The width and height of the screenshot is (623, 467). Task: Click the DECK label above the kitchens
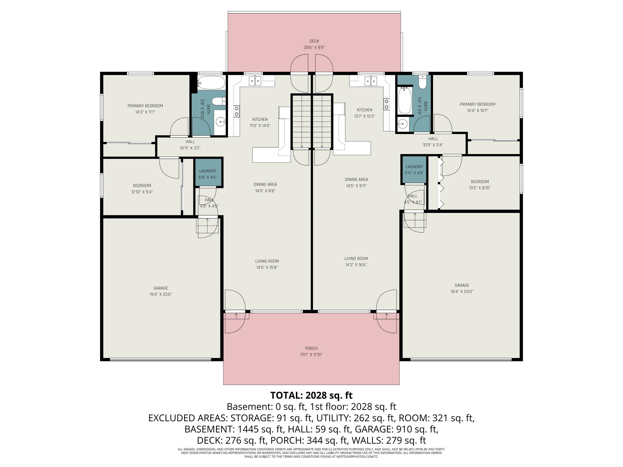314,41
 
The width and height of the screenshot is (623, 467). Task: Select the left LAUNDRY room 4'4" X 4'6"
208,174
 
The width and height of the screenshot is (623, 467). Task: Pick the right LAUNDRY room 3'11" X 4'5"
414,170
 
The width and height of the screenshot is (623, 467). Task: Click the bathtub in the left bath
211,82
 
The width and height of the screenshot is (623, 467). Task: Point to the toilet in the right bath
422,82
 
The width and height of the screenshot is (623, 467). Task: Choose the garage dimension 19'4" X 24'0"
462,292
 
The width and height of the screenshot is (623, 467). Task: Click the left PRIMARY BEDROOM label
145,106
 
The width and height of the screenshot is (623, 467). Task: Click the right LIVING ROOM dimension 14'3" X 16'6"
356,265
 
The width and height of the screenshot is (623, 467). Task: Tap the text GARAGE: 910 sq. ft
396,429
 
